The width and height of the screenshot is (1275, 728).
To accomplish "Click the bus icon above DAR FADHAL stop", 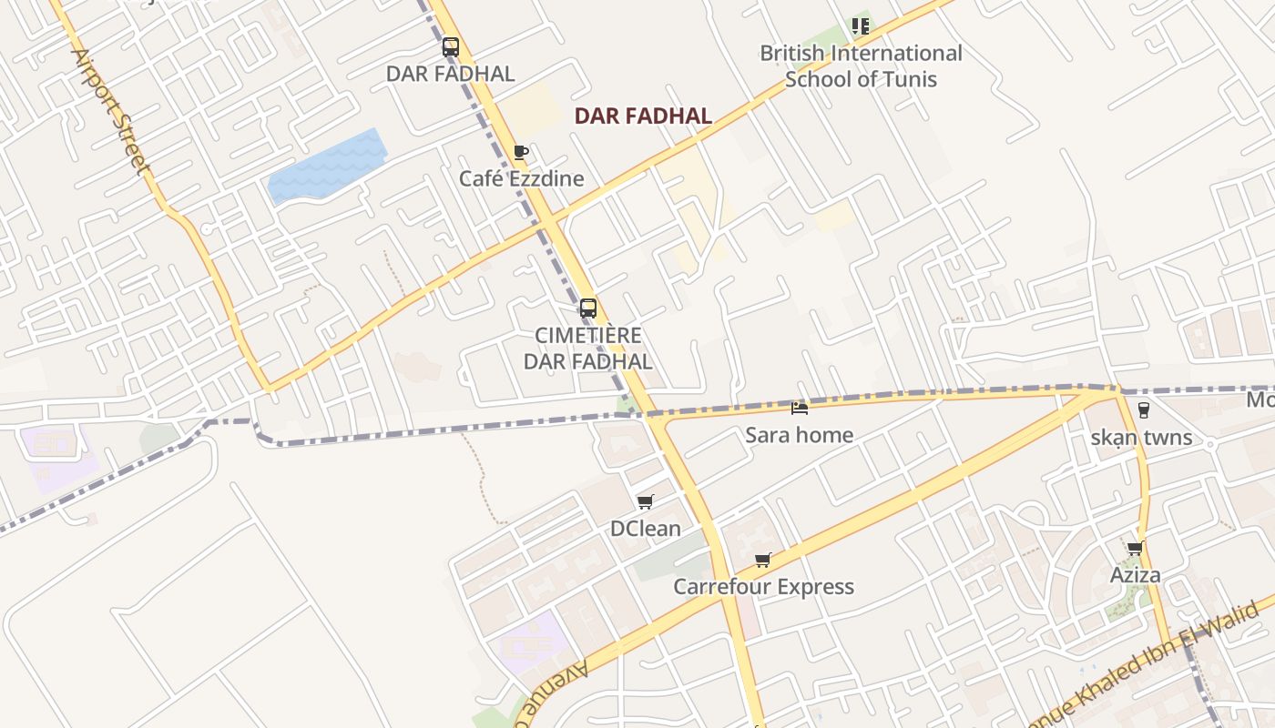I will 450,47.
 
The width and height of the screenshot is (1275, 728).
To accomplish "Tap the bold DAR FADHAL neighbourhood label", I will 643,116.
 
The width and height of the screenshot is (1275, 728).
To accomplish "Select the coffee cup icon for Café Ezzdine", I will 520,152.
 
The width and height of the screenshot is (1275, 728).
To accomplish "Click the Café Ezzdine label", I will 521,178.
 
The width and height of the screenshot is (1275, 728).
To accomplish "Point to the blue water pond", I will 327,166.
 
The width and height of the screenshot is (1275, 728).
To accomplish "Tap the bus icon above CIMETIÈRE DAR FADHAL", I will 588,308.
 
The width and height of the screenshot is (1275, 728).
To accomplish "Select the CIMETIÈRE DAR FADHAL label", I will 588,349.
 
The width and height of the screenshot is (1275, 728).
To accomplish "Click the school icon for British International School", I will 861,26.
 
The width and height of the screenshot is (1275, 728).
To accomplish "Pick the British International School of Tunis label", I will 861,66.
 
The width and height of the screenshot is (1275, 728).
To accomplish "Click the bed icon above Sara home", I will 800,409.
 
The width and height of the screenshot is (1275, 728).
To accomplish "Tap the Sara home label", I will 800,435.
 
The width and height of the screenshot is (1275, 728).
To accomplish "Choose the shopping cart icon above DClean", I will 646,502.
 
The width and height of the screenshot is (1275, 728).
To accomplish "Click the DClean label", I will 646,529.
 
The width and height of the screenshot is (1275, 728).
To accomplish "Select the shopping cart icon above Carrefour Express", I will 763,561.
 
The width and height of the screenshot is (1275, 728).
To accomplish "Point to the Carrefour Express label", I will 763,587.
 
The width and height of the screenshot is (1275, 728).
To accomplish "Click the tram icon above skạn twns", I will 1143,410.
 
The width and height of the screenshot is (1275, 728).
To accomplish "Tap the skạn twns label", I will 1142,438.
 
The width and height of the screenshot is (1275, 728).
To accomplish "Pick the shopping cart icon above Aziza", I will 1135,549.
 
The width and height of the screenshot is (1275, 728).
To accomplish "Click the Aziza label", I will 1135,575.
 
